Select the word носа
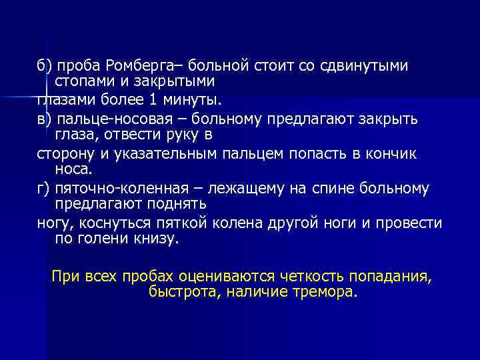point(71,169)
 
